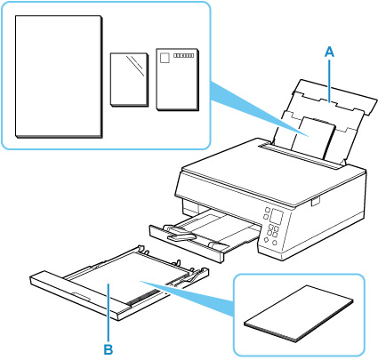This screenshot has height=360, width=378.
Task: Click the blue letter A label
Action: [329, 52]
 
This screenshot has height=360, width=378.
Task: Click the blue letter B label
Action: [109, 349]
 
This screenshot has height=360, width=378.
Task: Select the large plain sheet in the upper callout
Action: [59, 76]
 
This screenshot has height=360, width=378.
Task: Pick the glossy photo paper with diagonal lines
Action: [129, 80]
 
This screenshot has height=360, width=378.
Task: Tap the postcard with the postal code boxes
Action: [178, 79]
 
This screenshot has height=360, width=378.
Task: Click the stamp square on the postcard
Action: [165, 58]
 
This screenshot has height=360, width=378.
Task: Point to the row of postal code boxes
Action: [183, 55]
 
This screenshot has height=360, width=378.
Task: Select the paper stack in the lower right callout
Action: [299, 314]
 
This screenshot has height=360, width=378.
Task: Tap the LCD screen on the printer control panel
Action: [276, 218]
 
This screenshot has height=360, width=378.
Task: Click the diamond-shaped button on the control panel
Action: [266, 240]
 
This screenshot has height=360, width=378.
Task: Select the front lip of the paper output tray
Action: [187, 244]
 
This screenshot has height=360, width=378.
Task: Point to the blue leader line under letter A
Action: [330, 80]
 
